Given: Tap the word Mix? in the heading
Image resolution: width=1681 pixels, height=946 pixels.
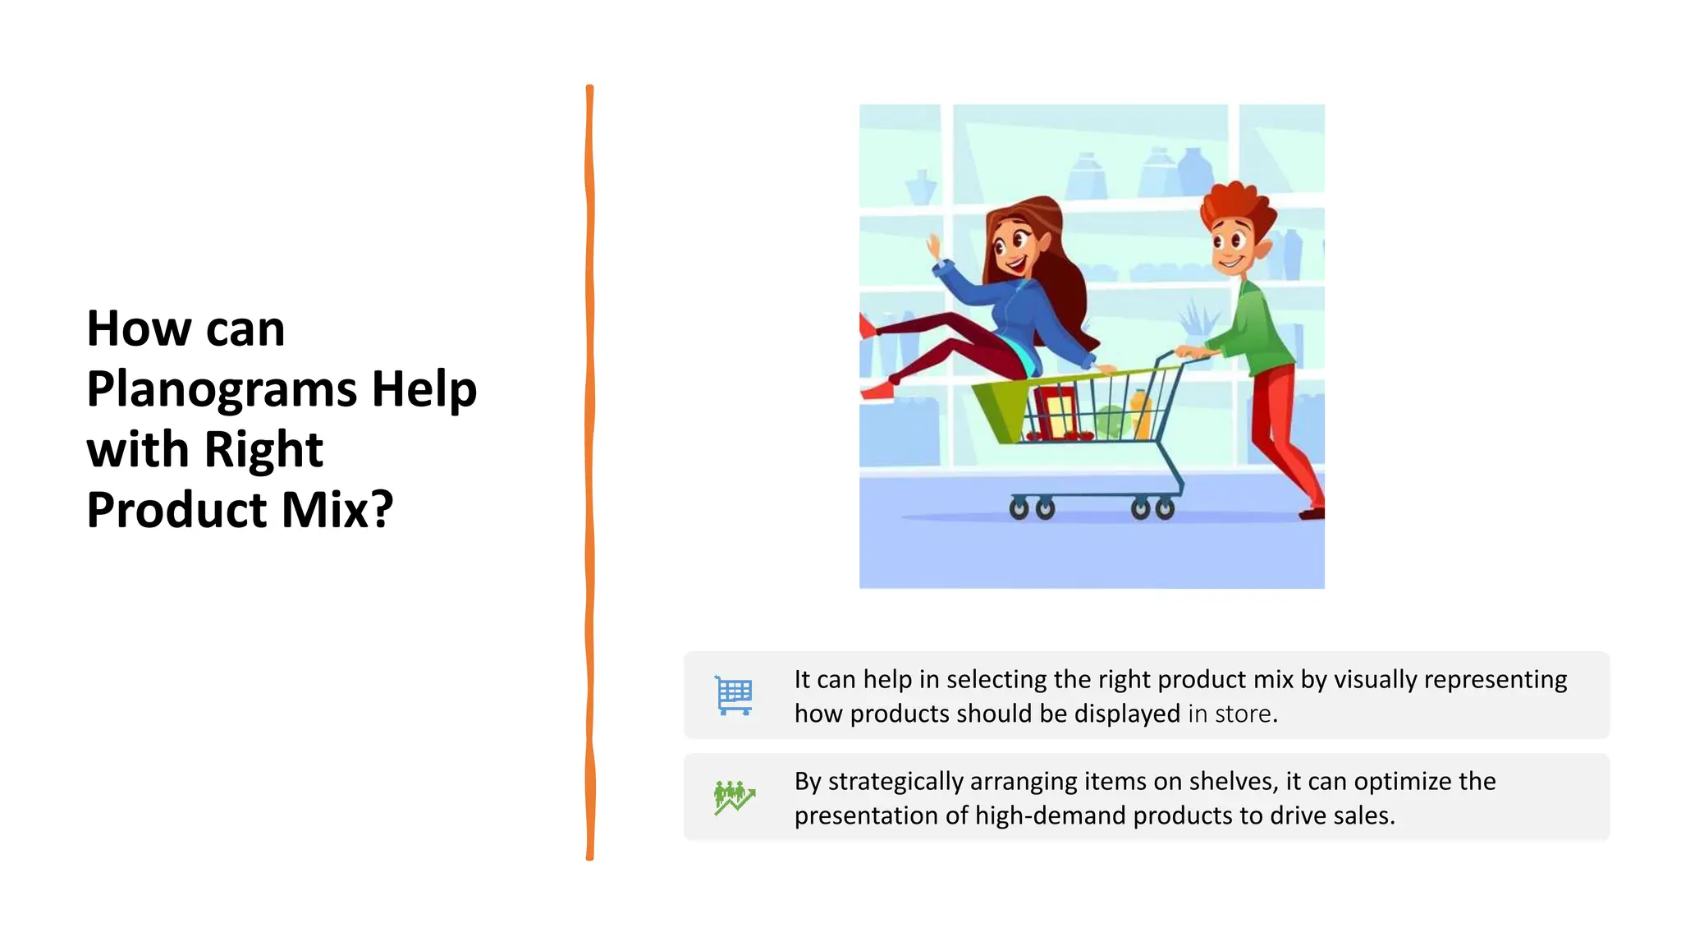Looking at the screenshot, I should [337, 510].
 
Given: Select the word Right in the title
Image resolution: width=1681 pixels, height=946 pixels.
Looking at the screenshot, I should [263, 450].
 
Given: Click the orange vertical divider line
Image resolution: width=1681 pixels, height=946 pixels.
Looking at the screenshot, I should [589, 472].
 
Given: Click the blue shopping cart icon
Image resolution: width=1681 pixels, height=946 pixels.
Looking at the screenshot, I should [734, 696].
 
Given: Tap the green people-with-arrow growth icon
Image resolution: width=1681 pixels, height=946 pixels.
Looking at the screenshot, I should [734, 797].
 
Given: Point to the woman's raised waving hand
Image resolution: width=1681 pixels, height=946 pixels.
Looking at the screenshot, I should [933, 246].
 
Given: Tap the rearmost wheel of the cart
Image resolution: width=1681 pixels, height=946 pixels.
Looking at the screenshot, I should [1164, 510].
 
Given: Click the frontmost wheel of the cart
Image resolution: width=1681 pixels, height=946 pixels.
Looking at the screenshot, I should [1019, 510].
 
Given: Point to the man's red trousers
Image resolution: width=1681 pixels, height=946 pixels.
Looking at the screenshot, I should [1280, 435].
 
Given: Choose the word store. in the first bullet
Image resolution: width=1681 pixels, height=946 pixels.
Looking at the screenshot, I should [1246, 714].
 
